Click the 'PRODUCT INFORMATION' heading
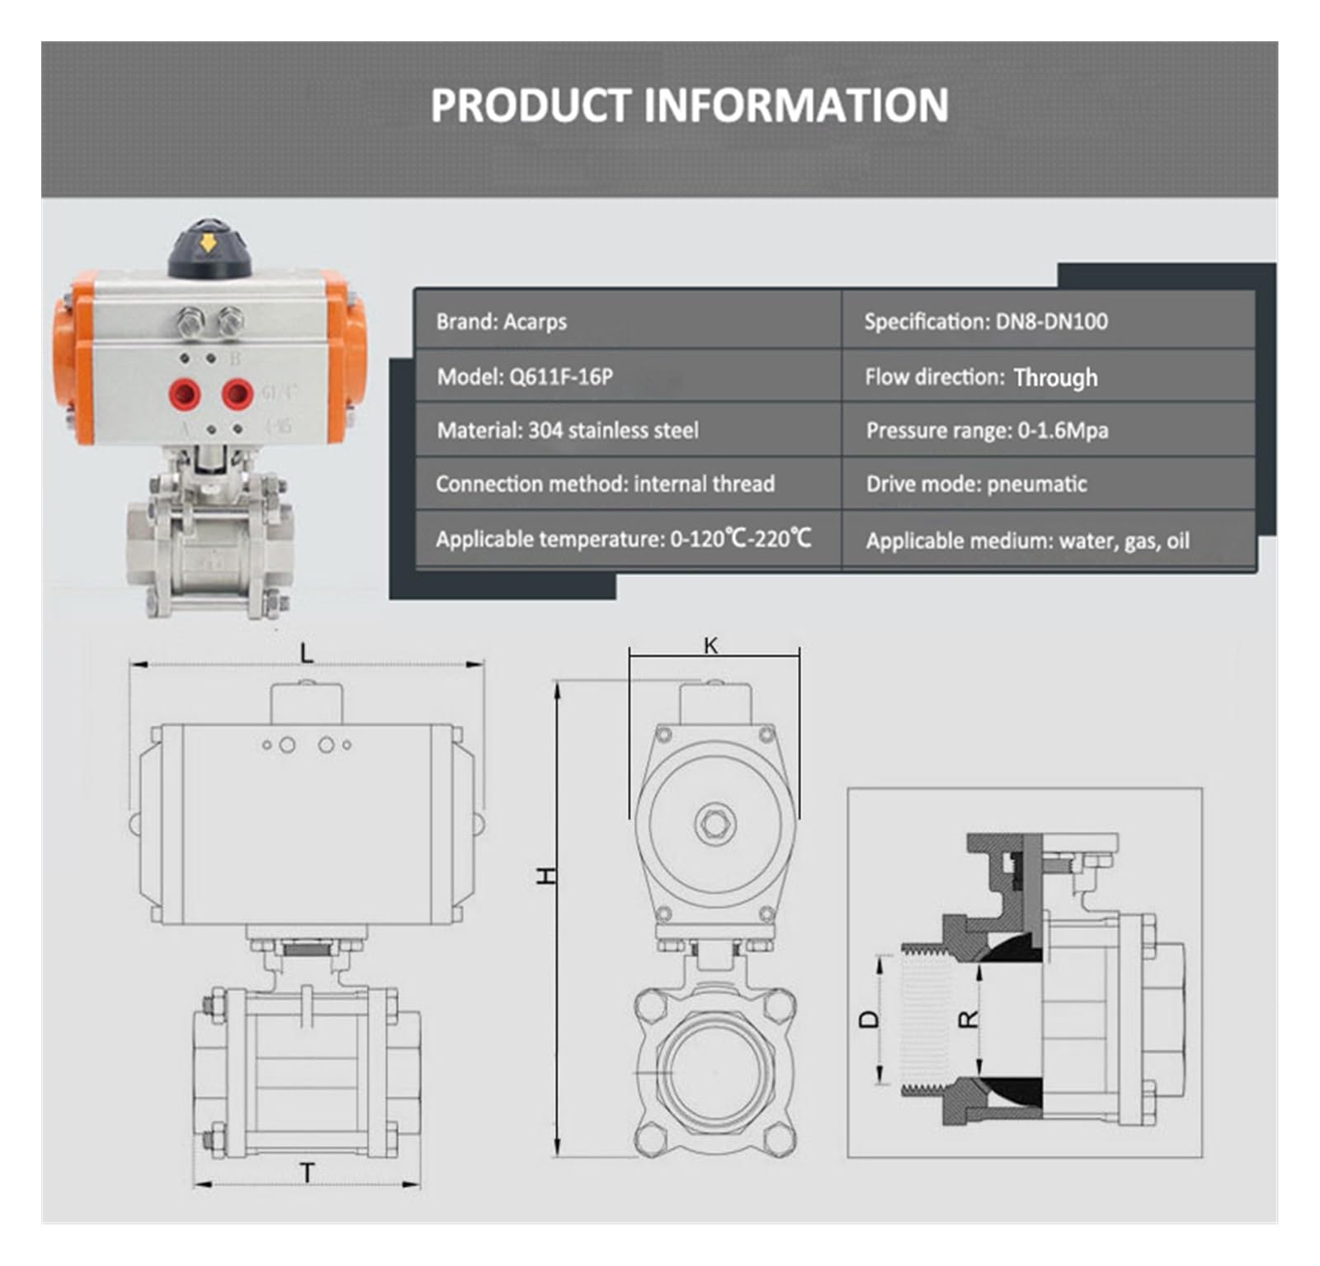[x=690, y=105]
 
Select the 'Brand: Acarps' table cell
[x=628, y=320]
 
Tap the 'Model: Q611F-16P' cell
[x=628, y=376]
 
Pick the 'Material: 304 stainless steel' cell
[x=628, y=430]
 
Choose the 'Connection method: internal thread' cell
[x=628, y=484]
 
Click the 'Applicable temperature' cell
[x=628, y=540]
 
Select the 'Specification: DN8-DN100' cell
[x=1049, y=320]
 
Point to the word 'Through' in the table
[x=1055, y=377]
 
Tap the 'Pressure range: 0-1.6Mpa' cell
[x=1049, y=430]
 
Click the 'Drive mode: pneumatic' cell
[x=1049, y=484]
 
